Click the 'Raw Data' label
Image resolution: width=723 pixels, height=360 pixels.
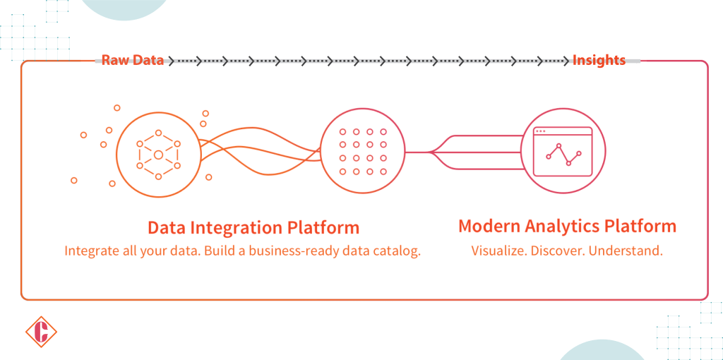(x=133, y=61)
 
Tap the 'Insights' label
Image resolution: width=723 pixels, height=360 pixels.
(x=599, y=61)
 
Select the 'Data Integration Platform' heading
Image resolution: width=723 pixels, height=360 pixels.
(x=253, y=227)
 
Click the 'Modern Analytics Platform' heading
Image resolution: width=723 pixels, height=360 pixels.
(x=567, y=227)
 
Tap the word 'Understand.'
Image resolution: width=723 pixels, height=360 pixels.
(x=628, y=251)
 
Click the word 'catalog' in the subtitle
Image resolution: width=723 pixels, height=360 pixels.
(x=398, y=251)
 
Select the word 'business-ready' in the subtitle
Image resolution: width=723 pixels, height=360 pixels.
(x=285, y=251)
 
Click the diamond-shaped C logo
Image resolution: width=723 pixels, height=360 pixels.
(x=41, y=332)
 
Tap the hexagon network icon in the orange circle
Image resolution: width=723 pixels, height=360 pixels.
(x=158, y=154)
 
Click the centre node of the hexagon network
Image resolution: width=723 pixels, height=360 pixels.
(x=158, y=155)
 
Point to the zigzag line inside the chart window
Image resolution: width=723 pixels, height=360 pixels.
(x=563, y=155)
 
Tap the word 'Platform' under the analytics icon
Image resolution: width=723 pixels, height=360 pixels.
(x=643, y=227)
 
